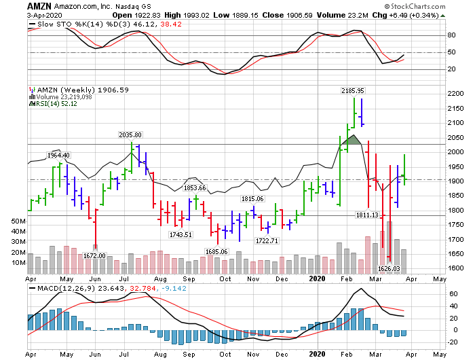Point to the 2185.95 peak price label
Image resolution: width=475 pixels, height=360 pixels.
[352, 90]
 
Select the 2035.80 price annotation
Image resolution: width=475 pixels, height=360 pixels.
[130, 135]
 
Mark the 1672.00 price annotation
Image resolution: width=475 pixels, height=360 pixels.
[94, 255]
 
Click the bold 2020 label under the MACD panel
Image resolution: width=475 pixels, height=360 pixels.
[318, 353]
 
